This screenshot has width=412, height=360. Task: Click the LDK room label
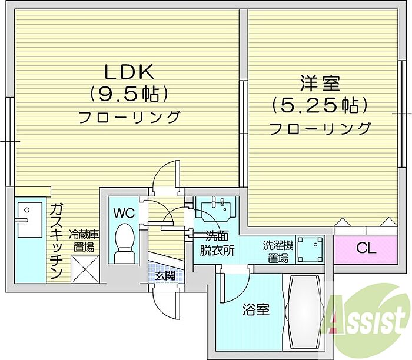[129, 72]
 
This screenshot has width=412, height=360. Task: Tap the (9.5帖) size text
[129, 93]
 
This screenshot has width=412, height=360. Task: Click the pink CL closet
[365, 249]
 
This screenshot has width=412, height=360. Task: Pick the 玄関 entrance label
[165, 275]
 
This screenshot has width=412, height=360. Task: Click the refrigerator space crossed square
[84, 268]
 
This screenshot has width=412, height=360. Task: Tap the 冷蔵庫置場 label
[83, 241]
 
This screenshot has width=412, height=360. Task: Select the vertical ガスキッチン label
[57, 242]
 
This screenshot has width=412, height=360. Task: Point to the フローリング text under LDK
[129, 116]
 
